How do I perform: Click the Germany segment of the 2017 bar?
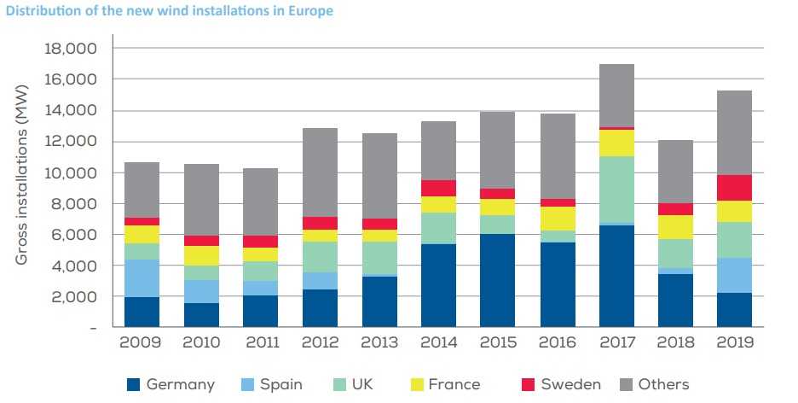(616, 276)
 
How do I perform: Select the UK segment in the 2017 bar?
(616, 190)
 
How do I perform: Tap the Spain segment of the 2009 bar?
(142, 278)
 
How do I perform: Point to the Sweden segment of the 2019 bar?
(735, 188)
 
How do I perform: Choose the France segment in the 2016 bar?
(557, 219)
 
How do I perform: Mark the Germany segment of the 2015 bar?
(498, 281)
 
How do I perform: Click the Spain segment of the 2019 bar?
(735, 275)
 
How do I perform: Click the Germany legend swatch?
(133, 384)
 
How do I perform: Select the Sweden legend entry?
(570, 384)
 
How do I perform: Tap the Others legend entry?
(662, 384)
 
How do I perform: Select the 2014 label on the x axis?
(438, 343)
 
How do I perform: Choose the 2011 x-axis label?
(261, 343)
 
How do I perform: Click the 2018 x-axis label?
(675, 343)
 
